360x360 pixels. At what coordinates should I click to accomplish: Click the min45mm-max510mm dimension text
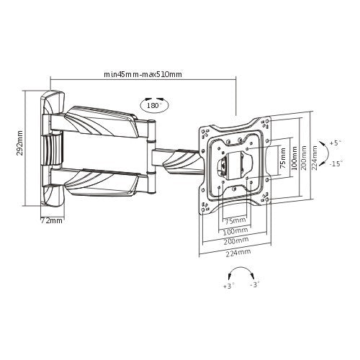pyautogui.click(x=143, y=74)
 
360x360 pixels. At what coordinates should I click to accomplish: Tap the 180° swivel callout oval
pyautogui.click(x=153, y=105)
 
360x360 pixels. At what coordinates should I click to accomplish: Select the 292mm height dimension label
pyautogui.click(x=21, y=143)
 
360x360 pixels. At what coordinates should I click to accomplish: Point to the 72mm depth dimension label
pyautogui.click(x=51, y=220)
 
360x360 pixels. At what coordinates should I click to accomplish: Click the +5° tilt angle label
pyautogui.click(x=335, y=143)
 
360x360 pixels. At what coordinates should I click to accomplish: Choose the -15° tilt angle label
pyautogui.click(x=335, y=163)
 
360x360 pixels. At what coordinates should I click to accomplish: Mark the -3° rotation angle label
pyautogui.click(x=255, y=286)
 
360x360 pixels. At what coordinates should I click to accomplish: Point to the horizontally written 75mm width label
pyautogui.click(x=233, y=221)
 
